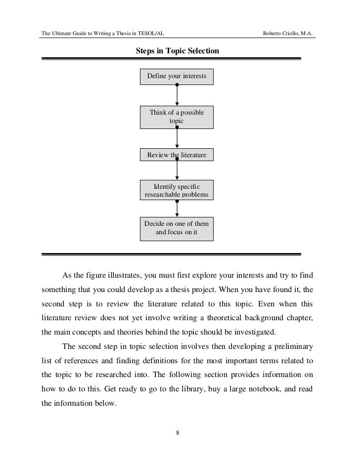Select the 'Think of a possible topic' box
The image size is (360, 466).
pyautogui.click(x=177, y=117)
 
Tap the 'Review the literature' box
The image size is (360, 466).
pyautogui.click(x=177, y=156)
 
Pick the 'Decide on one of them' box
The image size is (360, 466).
pyautogui.click(x=177, y=228)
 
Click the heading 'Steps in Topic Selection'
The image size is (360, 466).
pyautogui.click(x=178, y=51)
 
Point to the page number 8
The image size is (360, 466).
pyautogui.click(x=178, y=433)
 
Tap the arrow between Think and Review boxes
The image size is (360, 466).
pyautogui.click(x=177, y=138)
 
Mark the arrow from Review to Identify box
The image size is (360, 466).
pyautogui.click(x=177, y=170)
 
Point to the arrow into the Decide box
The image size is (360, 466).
pyautogui.click(x=177, y=209)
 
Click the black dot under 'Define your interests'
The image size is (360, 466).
pyautogui.click(x=177, y=85)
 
